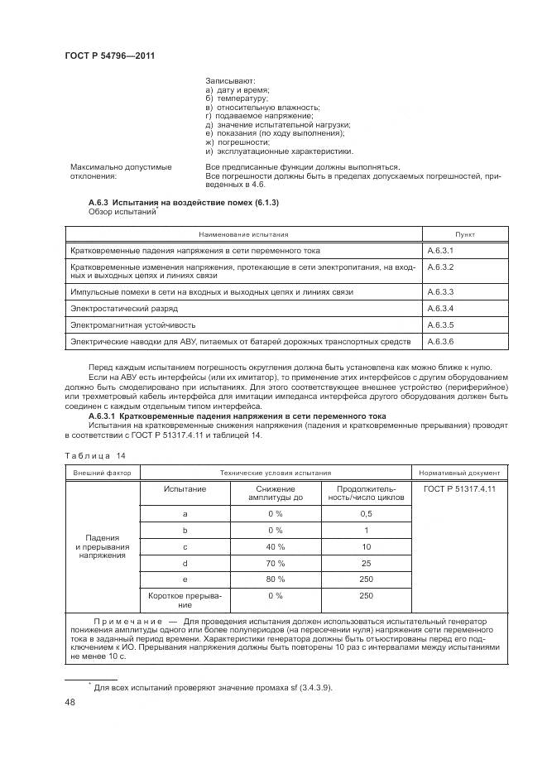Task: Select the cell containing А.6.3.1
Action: click(441, 250)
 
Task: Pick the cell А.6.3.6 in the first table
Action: click(441, 341)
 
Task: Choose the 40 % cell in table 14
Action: click(275, 547)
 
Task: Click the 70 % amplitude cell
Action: click(275, 564)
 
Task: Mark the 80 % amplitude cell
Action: click(275, 580)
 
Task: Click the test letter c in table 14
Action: click(185, 547)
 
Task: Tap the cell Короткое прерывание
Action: click(185, 600)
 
